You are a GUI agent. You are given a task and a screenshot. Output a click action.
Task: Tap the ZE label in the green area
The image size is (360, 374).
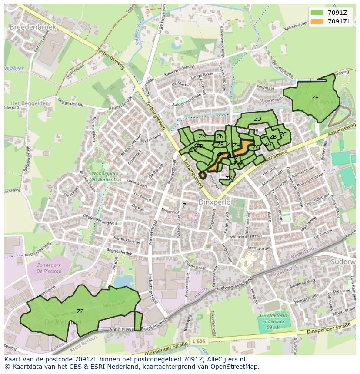[315, 98]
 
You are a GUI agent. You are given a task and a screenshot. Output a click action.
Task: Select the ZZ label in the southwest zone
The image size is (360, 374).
[80, 311]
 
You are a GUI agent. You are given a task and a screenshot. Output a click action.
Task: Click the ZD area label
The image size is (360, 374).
[257, 119]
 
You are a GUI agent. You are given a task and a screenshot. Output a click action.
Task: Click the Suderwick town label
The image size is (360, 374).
[344, 262]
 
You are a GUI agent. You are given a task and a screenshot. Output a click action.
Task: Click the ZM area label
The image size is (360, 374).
[203, 136]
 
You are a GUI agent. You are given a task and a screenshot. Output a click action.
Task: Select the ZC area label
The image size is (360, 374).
[283, 135]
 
